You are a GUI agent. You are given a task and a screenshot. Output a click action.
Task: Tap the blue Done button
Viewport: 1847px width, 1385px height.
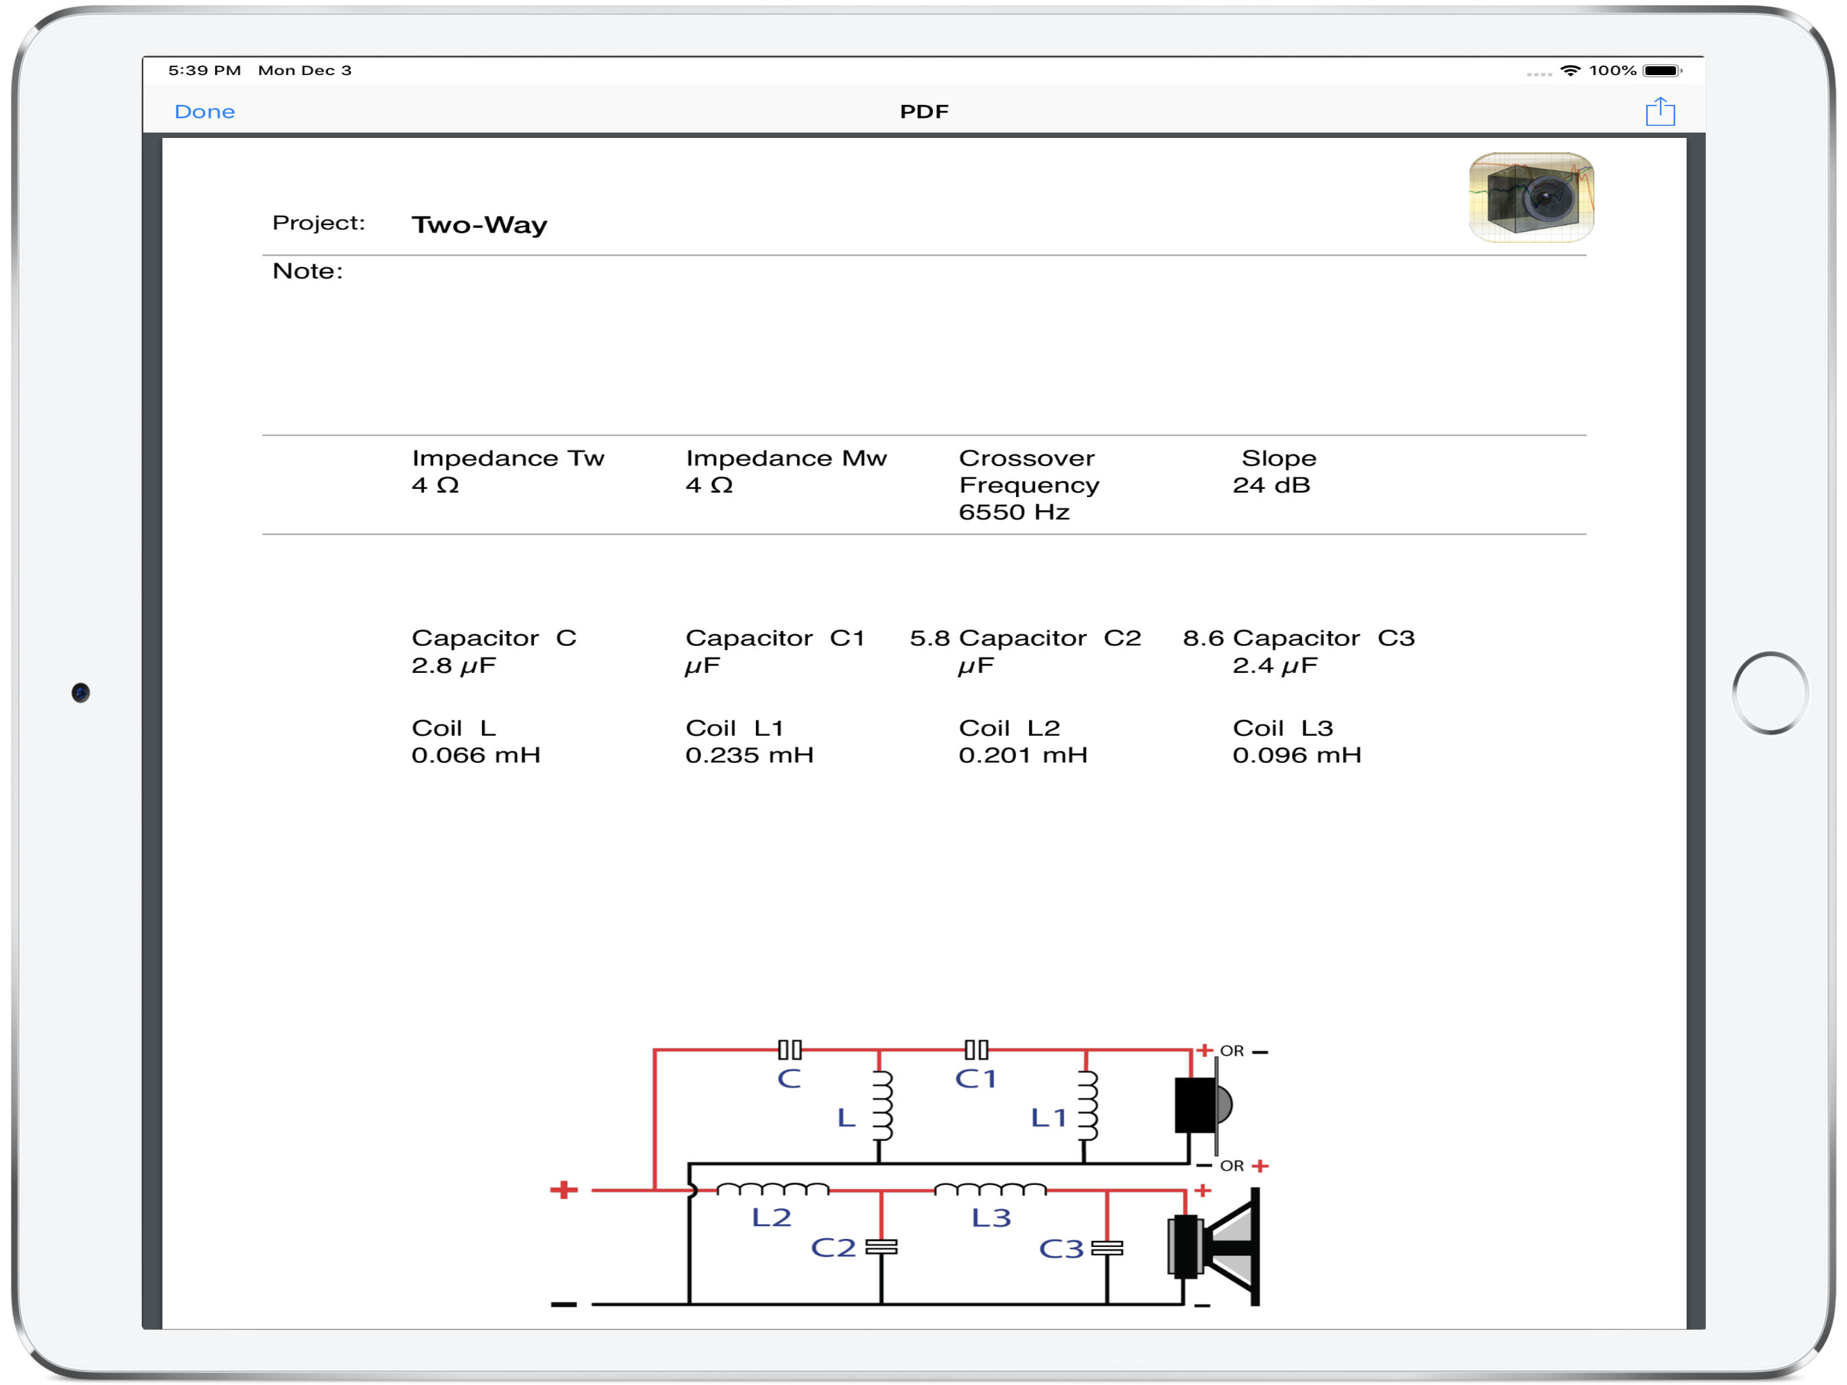pos(205,111)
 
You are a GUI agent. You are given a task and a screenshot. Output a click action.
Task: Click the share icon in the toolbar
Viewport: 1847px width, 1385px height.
pos(1660,111)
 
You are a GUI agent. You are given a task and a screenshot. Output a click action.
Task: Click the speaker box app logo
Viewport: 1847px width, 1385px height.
pos(1531,197)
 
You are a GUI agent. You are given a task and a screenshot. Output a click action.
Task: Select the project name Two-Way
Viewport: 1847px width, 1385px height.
pos(479,225)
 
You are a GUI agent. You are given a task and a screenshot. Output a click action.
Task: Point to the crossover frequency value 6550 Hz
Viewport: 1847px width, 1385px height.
pos(1013,512)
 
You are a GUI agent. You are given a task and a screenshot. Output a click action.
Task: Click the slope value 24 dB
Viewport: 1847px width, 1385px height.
pos(1271,486)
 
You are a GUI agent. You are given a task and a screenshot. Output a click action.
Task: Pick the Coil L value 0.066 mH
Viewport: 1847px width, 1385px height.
pos(476,755)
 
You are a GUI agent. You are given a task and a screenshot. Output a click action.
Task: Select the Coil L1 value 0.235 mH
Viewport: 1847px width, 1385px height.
pos(749,755)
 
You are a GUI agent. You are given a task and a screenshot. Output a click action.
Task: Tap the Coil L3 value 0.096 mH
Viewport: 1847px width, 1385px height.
pos(1297,755)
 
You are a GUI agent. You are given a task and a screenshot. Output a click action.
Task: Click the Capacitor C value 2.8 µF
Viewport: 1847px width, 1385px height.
pos(454,665)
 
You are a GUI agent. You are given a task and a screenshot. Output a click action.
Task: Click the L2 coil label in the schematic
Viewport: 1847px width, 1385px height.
pos(771,1217)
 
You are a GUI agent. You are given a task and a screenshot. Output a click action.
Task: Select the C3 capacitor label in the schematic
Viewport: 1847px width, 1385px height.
pos(1061,1249)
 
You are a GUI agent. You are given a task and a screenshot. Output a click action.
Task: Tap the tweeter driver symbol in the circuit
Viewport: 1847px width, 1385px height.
pos(1203,1104)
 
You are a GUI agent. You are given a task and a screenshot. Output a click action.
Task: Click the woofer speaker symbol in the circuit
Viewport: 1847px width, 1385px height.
pos(1214,1247)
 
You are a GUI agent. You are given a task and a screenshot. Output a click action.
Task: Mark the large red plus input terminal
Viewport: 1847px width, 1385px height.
pos(564,1190)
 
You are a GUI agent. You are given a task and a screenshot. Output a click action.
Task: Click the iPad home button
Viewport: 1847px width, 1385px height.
pos(1770,692)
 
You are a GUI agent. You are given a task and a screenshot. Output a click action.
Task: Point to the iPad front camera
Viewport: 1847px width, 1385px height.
pos(80,692)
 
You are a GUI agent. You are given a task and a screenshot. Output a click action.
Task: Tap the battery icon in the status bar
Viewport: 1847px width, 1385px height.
pos(1662,71)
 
